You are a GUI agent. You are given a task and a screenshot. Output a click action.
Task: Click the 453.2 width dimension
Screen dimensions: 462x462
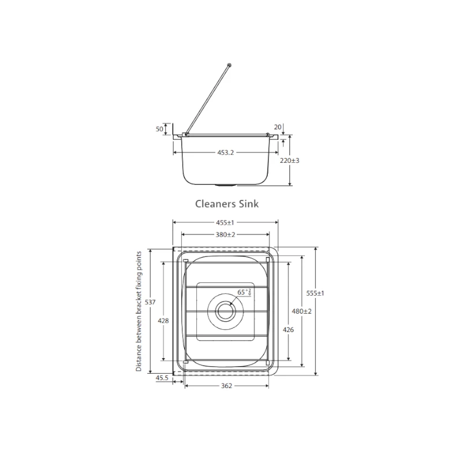226,153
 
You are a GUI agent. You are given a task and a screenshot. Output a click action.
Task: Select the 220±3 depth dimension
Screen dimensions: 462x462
289,160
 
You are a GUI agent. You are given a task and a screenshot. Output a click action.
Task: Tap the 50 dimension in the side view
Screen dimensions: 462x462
159,129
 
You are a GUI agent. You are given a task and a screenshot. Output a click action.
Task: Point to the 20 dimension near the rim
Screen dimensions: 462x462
277,127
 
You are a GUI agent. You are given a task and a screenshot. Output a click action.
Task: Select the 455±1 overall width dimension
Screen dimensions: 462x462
226,222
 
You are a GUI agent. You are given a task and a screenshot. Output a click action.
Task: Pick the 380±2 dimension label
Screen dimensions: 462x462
226,234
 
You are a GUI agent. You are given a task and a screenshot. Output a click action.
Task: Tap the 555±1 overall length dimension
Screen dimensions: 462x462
315,293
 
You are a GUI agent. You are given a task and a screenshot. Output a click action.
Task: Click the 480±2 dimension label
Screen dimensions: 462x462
301,311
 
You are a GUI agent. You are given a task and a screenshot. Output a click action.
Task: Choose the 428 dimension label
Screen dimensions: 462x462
165,321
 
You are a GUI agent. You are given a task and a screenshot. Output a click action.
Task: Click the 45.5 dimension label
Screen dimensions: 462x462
162,378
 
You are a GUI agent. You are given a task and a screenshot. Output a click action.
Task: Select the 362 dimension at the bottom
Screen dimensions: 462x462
226,386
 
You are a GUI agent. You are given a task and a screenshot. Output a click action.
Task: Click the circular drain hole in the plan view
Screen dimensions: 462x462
225,311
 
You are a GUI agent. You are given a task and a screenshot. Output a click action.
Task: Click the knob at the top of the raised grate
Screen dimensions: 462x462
230,65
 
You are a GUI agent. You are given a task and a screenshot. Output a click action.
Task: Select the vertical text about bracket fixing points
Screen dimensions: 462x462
139,311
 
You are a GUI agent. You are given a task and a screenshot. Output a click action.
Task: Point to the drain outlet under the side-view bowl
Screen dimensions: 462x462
226,185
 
